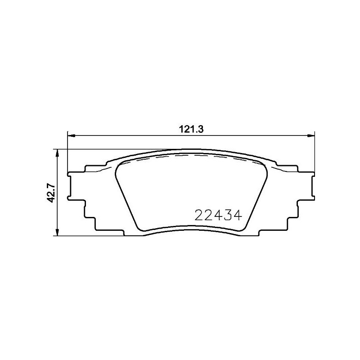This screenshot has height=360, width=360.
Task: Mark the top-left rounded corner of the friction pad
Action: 119,167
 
